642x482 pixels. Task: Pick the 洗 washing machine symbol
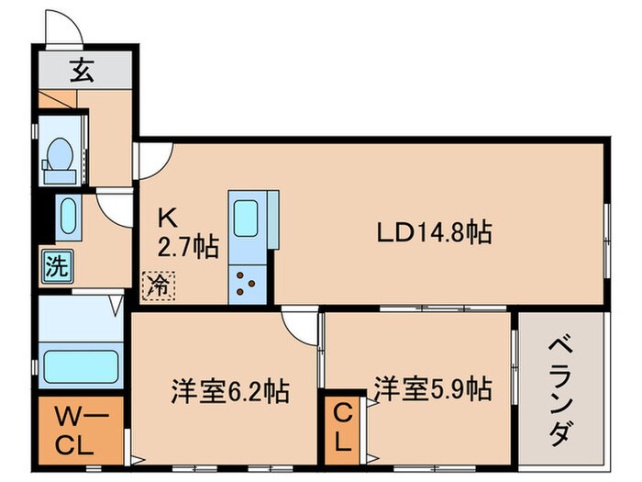tap(57, 269)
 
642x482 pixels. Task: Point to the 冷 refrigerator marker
tap(159, 286)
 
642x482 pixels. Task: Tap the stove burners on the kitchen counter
tap(247, 284)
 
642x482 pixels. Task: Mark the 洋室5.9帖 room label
tap(431, 389)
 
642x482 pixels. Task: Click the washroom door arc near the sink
tap(116, 207)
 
